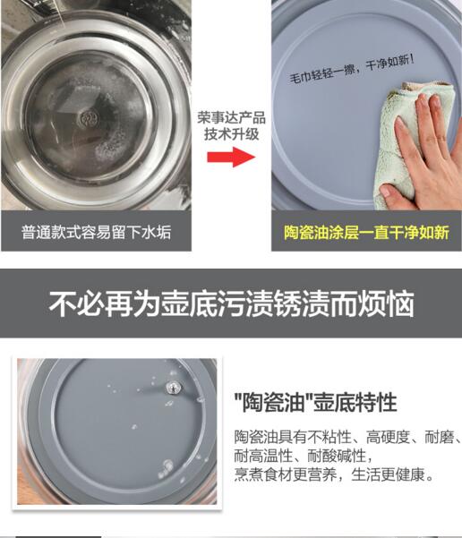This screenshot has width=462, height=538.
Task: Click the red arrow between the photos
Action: (231, 157)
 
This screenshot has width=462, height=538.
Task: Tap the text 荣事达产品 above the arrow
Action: (231, 117)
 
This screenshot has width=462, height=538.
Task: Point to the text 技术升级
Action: (231, 133)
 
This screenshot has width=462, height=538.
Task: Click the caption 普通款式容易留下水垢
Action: (96, 232)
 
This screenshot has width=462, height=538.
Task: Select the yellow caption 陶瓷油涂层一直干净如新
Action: (366, 232)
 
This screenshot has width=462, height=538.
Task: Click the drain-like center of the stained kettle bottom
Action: (89, 119)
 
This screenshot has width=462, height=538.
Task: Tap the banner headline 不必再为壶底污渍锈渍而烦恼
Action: (231, 303)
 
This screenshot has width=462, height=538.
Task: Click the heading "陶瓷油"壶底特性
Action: (315, 402)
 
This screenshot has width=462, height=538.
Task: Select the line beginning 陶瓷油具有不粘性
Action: (347, 437)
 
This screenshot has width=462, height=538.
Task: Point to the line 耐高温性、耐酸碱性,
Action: (304, 456)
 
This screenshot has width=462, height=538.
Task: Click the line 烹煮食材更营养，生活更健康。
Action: (335, 474)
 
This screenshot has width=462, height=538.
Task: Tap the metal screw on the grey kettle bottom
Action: (173, 388)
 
